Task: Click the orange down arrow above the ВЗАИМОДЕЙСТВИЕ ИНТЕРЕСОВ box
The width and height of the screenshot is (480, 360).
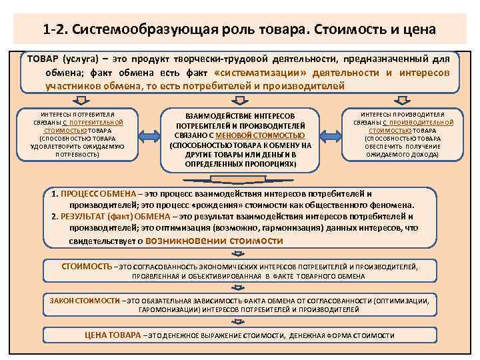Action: pos(241,99)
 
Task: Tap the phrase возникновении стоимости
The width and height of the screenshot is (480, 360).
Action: pos(214,241)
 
